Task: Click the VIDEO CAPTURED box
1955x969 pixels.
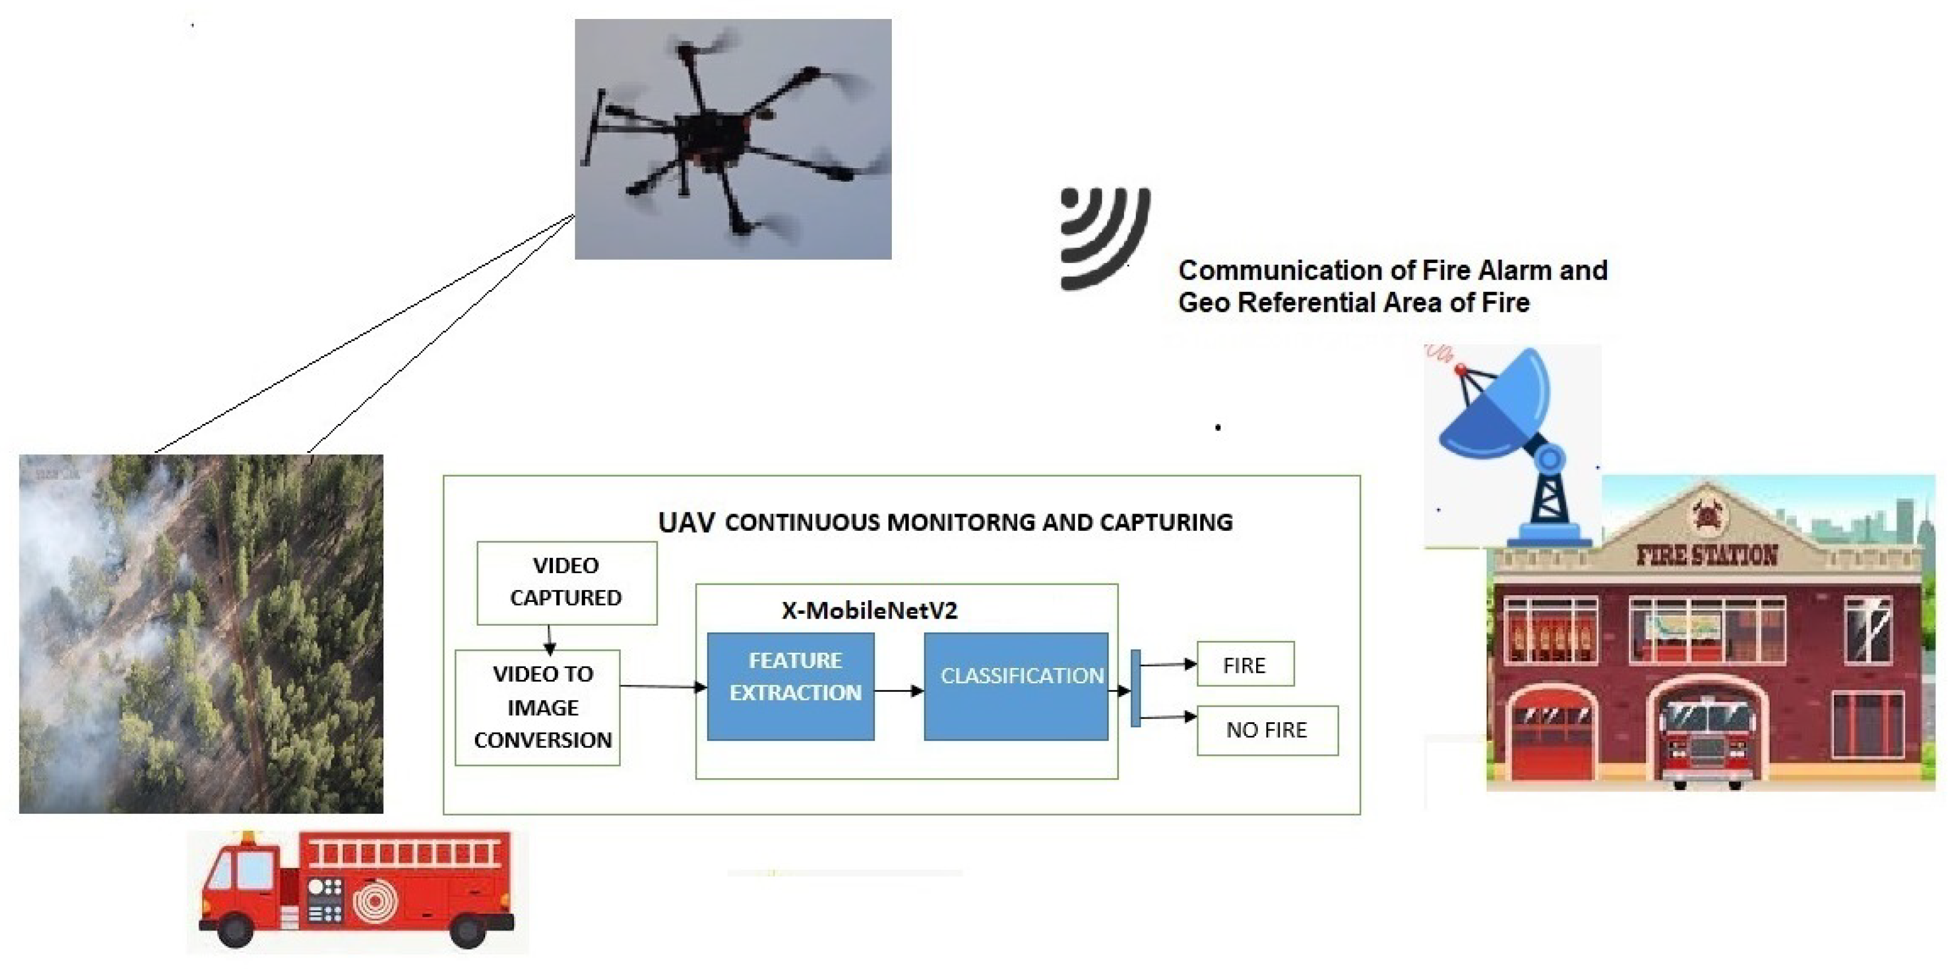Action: click(566, 582)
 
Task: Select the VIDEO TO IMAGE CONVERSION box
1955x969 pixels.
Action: click(537, 707)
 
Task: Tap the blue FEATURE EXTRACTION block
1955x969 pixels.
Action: click(790, 686)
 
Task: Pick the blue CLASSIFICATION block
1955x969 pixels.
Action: click(1015, 686)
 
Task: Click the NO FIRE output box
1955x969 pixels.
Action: click(1266, 730)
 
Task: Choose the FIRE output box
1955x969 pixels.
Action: click(1245, 665)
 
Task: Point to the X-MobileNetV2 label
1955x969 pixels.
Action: click(869, 611)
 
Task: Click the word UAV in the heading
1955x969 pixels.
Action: click(686, 523)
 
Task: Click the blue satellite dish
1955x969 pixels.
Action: click(1499, 410)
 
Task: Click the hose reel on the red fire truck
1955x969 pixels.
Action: click(375, 901)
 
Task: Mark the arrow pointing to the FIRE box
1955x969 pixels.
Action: click(1169, 665)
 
